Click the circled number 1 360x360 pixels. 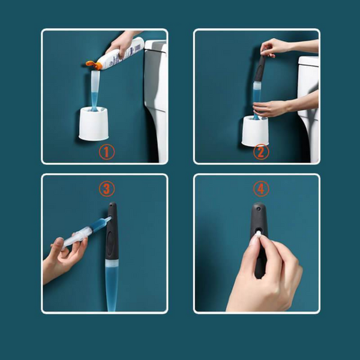(107, 152)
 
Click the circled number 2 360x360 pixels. (261, 152)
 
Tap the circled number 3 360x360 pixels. (107, 189)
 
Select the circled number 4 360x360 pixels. (261, 189)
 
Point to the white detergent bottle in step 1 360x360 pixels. (121, 53)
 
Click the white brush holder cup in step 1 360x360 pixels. (94, 124)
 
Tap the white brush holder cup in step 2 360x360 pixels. (256, 130)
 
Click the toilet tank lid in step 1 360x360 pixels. (155, 45)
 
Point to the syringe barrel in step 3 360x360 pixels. (86, 232)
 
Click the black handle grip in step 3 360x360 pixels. (112, 231)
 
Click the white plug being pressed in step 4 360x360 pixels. (258, 234)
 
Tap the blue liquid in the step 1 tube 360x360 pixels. (94, 99)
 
